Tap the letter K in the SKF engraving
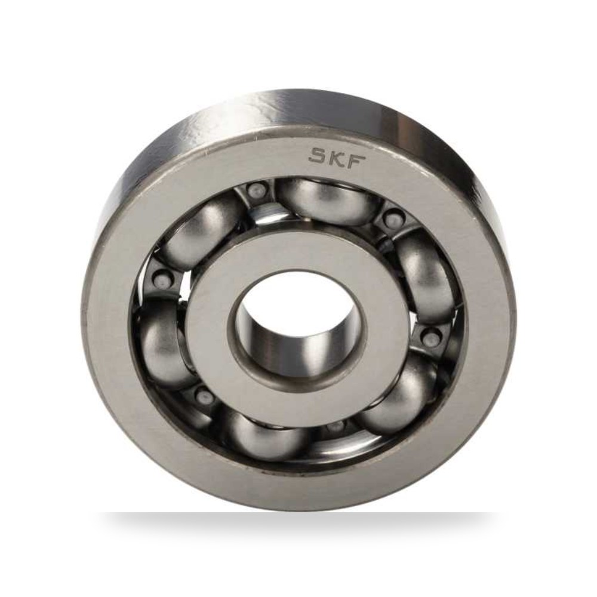335,156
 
